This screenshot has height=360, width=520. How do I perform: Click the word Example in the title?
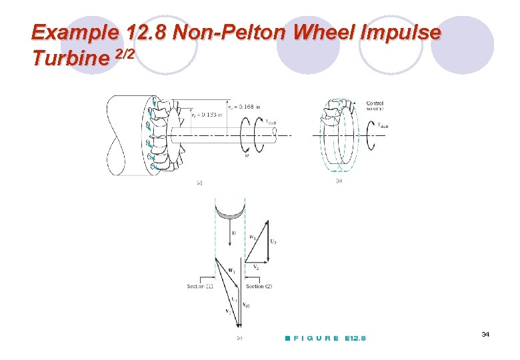(74, 32)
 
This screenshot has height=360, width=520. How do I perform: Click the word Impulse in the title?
(403, 32)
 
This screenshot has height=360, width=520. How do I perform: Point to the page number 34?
(485, 333)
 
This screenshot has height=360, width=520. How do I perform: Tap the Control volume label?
(374, 105)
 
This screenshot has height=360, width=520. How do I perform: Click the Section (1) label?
(200, 286)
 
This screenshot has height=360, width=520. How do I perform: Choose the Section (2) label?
(259, 286)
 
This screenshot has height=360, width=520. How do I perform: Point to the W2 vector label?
(251, 237)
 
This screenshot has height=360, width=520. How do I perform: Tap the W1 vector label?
(231, 271)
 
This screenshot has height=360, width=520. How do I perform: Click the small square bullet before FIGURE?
(286, 339)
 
